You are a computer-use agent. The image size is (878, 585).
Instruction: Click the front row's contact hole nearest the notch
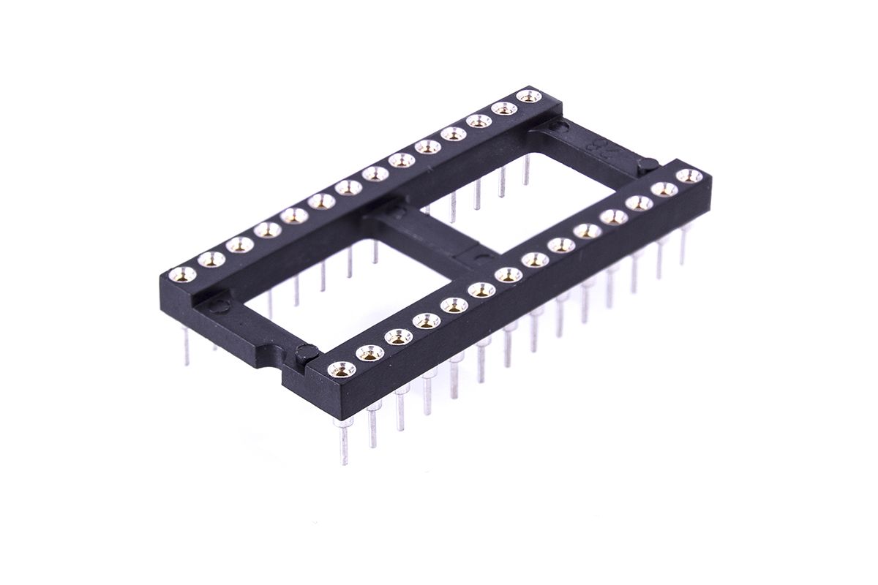(340, 368)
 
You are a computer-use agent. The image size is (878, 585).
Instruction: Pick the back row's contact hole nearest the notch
(181, 274)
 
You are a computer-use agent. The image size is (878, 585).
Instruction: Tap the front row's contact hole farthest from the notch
(686, 176)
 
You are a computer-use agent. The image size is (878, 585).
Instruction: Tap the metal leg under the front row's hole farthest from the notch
(683, 245)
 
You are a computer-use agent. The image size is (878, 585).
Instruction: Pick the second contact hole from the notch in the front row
(369, 353)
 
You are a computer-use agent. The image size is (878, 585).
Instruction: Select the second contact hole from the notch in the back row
(211, 258)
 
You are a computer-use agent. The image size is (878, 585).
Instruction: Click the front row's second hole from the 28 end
(664, 189)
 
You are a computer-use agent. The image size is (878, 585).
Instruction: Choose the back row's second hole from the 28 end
(504, 108)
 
